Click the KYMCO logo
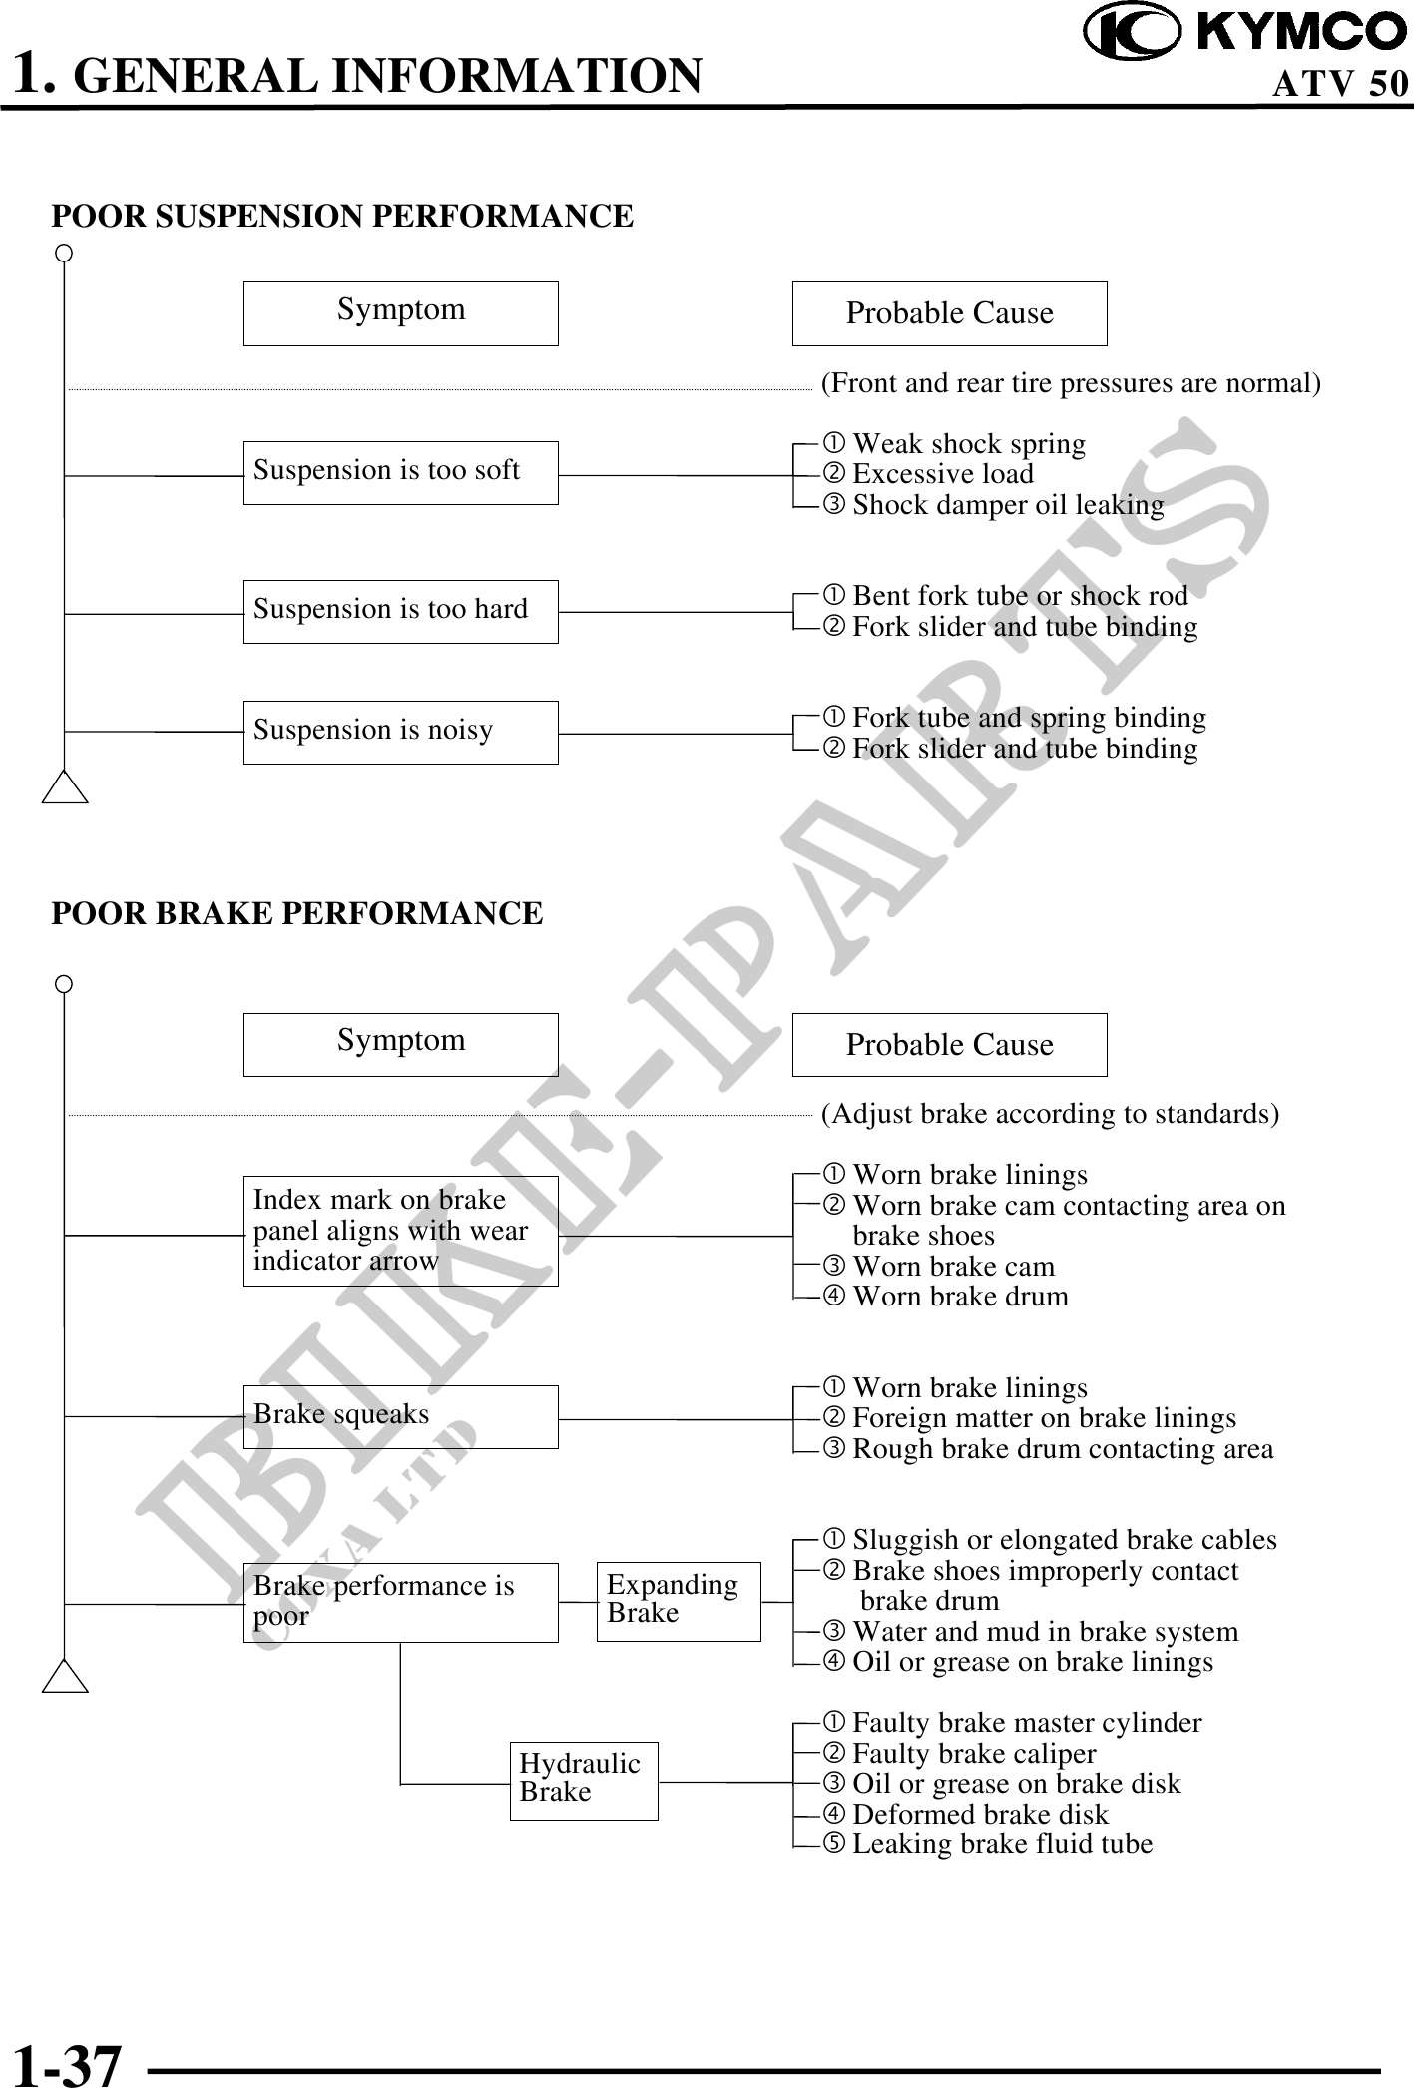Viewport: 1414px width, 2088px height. click(1244, 33)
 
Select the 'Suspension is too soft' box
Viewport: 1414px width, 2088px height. click(400, 472)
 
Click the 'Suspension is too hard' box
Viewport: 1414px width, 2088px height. click(400, 611)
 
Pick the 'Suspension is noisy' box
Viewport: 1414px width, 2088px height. click(400, 732)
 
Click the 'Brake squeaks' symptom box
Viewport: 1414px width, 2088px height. click(400, 1416)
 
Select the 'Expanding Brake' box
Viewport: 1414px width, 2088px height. click(679, 1601)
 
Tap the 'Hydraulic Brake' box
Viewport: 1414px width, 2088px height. click(584, 1781)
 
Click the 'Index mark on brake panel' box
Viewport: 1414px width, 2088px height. click(400, 1231)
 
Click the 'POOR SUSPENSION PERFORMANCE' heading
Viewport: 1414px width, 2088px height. click(342, 217)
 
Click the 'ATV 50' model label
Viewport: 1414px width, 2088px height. click(1339, 84)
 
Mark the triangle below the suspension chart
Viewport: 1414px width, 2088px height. click(66, 787)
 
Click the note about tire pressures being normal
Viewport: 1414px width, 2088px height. click(1070, 384)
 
